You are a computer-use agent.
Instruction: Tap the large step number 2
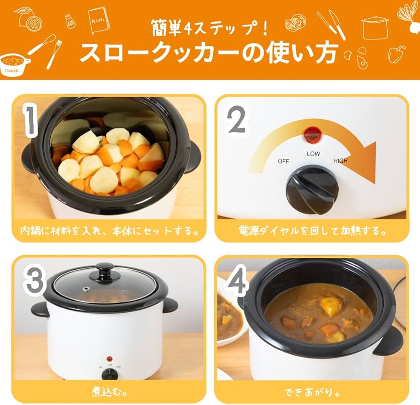tap(236, 119)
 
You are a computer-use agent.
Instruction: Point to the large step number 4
tap(236, 280)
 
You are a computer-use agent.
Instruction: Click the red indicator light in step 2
tap(312, 134)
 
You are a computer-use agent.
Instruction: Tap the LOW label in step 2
tap(313, 154)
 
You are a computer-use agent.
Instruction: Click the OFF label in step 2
tap(283, 161)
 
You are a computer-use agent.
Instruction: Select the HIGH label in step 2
tap(341, 161)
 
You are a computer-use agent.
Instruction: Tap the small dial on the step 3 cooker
tap(109, 374)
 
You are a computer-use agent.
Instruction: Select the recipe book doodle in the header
tap(99, 20)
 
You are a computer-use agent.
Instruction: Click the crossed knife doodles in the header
tap(331, 24)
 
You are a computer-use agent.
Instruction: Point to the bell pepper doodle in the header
tap(397, 54)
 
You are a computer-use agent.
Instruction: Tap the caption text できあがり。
tap(311, 393)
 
